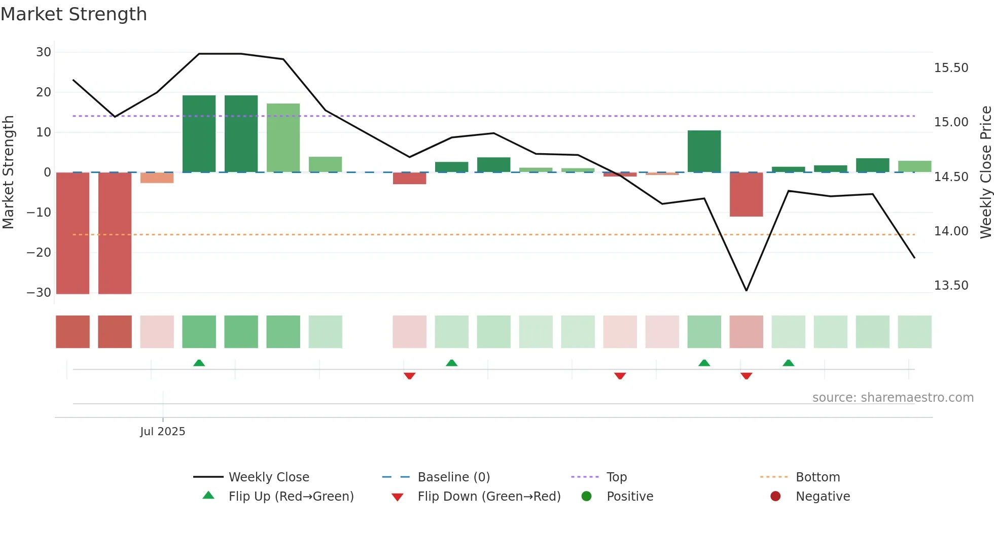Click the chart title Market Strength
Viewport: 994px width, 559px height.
pyautogui.click(x=74, y=14)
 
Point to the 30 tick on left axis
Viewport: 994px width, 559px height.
pyautogui.click(x=44, y=52)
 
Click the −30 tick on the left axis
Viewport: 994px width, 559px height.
pyautogui.click(x=40, y=293)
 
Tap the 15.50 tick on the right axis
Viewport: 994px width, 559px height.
pyautogui.click(x=951, y=68)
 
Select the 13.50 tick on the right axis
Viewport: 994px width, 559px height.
pyautogui.click(x=951, y=286)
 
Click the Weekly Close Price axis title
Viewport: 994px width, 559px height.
pyautogui.click(x=985, y=172)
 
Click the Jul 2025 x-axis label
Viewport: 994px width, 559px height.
pyautogui.click(x=163, y=432)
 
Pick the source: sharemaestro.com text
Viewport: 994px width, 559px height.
pyautogui.click(x=893, y=398)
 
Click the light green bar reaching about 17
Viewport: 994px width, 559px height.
pyautogui.click(x=283, y=138)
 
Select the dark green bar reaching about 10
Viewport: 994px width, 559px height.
pyautogui.click(x=704, y=151)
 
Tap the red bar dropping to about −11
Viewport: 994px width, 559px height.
pyautogui.click(x=746, y=195)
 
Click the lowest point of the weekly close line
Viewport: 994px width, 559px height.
pyautogui.click(x=746, y=291)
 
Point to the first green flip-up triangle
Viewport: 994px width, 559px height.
pyautogui.click(x=199, y=363)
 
